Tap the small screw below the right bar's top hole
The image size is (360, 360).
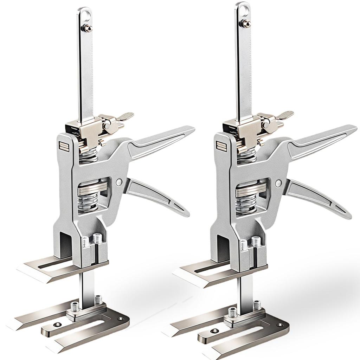[x=246, y=24]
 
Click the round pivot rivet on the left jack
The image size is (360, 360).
[x=119, y=182]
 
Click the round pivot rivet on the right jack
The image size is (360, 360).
[x=278, y=183]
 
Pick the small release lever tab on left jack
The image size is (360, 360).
[x=126, y=116]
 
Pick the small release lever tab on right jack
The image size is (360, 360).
[x=285, y=115]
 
